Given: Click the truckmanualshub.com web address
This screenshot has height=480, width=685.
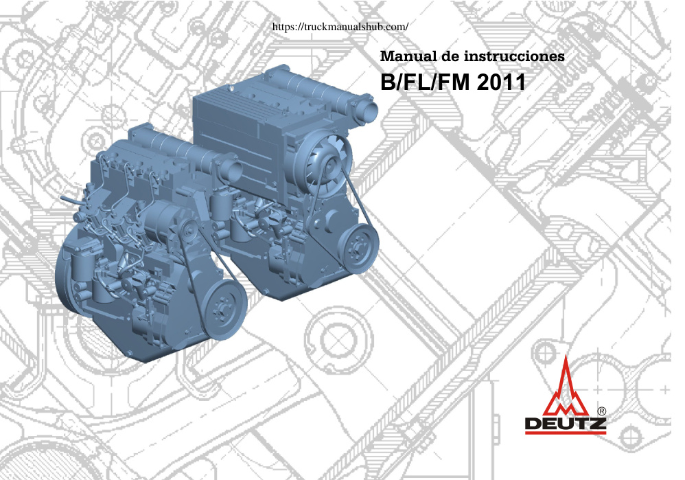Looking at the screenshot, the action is [340, 27].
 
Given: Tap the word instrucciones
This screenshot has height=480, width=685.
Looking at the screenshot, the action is [514, 56].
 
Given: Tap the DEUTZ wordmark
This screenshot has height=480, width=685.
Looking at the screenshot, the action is [566, 424].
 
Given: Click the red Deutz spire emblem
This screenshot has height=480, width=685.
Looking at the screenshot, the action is [566, 387].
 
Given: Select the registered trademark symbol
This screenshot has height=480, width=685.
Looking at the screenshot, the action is [601, 411].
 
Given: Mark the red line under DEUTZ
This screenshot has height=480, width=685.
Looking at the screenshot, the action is [566, 433].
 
